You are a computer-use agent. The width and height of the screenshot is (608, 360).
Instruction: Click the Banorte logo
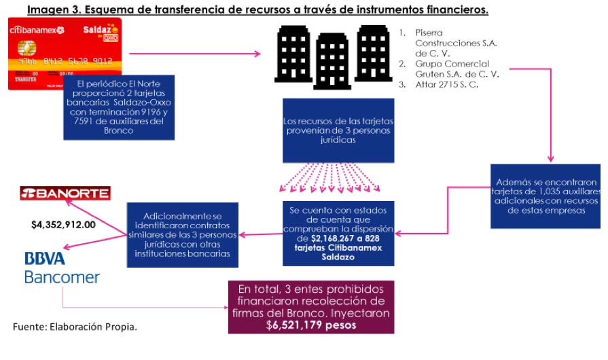[65, 194]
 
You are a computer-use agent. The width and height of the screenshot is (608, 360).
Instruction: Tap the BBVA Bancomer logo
[61, 268]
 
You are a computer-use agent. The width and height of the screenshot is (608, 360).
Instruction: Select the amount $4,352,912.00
[63, 223]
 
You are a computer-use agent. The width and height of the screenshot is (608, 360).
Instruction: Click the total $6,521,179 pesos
[310, 325]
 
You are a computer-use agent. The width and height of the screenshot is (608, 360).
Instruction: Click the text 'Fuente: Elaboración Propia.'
[75, 327]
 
